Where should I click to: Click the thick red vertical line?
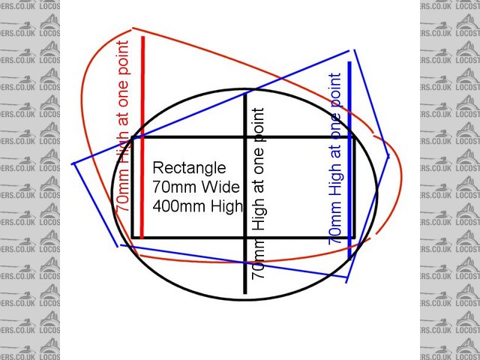coord(142,187)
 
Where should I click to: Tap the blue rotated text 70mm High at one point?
coord(336,157)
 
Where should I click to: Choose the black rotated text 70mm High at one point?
coord(259,193)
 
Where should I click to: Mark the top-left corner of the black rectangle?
coord(133,136)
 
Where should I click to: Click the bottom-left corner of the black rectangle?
coord(133,238)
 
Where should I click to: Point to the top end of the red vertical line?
coord(142,34)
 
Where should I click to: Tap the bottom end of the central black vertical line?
coord(246,292)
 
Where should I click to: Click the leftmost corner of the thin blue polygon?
coord(72,163)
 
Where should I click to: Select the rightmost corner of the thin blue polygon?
coord(388,156)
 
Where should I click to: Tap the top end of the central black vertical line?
coord(246,91)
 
